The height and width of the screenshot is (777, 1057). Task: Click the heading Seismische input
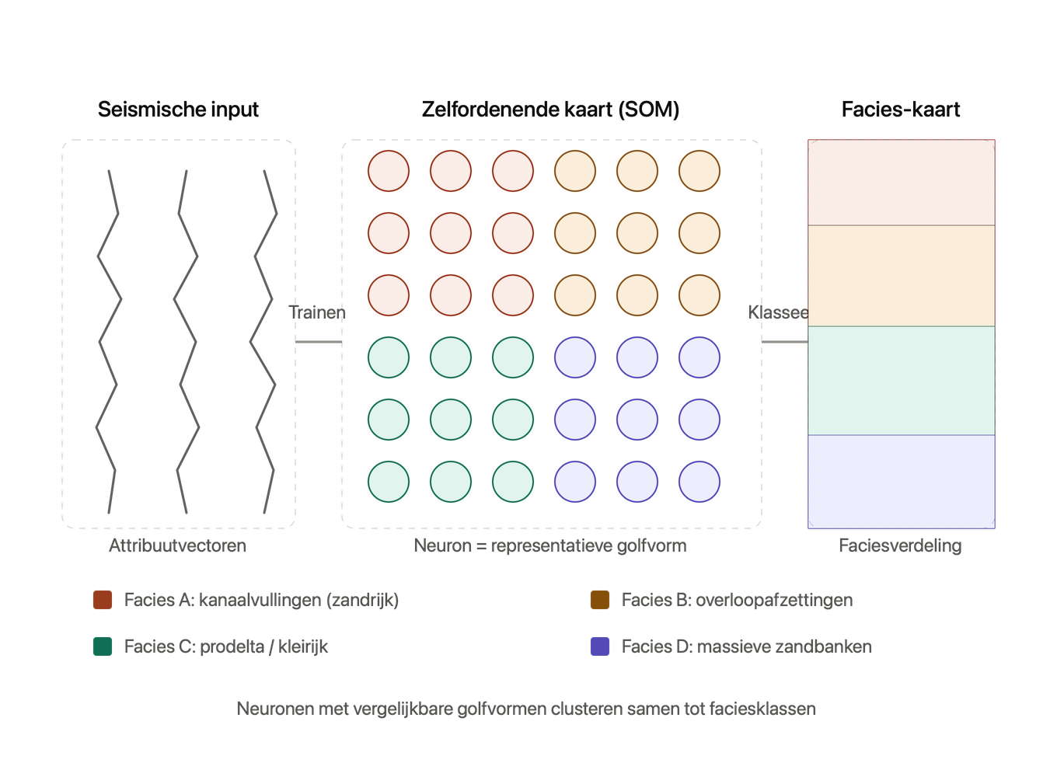tap(178, 110)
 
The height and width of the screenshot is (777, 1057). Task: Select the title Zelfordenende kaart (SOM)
tap(551, 110)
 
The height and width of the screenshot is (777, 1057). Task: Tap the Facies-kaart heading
tap(901, 110)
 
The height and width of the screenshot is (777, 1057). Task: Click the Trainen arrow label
tap(317, 312)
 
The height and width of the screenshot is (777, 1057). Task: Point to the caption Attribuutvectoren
tap(177, 545)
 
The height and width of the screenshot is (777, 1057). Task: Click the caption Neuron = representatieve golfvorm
tap(550, 545)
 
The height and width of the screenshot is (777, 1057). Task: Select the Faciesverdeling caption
tap(900, 545)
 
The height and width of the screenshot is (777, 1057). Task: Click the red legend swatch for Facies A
tap(103, 600)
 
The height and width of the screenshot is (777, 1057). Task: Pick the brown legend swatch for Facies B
tap(600, 600)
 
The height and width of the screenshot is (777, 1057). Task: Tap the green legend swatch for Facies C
tap(103, 646)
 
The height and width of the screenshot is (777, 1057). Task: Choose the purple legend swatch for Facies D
tap(600, 646)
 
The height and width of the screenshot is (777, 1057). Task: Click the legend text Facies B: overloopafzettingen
tap(737, 600)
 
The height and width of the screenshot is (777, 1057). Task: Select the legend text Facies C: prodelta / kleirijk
tap(226, 646)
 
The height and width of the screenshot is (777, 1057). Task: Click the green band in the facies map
tap(902, 381)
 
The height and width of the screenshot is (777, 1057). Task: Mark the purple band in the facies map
tap(902, 482)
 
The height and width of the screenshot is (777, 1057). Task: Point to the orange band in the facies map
tap(902, 276)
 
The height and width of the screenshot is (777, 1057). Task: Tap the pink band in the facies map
tap(902, 183)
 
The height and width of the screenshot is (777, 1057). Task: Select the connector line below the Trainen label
tap(319, 342)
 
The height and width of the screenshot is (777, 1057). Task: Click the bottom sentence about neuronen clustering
tap(526, 709)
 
